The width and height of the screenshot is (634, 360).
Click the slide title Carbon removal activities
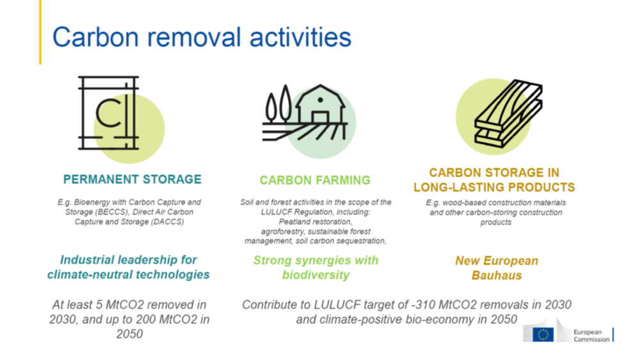coord(202,37)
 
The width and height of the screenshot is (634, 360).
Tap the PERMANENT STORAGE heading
coord(132,179)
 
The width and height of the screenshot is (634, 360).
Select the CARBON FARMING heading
coord(315,180)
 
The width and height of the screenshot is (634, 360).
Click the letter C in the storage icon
coord(108,113)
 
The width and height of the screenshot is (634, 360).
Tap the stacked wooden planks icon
coord(508,113)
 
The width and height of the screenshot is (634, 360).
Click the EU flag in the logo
coord(543,334)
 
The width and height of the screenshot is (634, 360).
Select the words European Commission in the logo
coord(591,336)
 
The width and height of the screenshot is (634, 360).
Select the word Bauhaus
coord(496,275)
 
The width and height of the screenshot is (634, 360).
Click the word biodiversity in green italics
coord(316,275)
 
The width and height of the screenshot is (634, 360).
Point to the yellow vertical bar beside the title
coord(40,33)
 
